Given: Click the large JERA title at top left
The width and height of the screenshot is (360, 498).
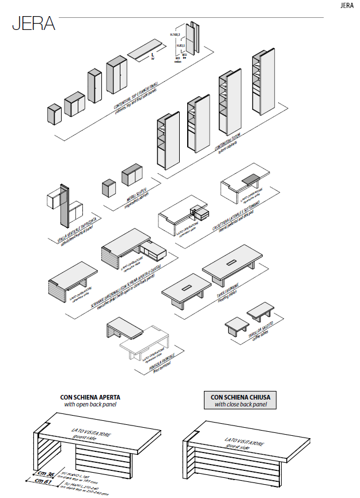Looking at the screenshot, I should [33, 24].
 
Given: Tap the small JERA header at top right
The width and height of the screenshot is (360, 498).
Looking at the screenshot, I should [347, 6].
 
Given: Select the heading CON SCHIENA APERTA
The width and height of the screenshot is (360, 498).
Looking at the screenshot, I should [90, 397].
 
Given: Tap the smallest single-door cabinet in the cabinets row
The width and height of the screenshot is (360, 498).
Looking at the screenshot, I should [55, 113].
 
